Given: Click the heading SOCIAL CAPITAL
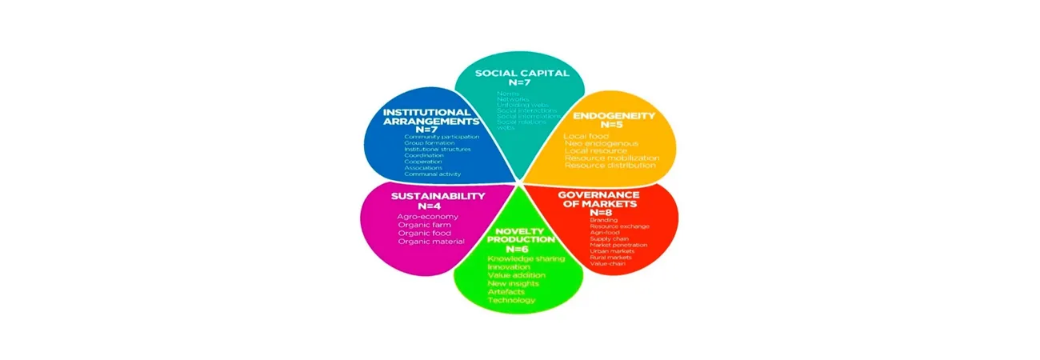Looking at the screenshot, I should (522, 73).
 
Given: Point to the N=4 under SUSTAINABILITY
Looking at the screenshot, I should (438, 206).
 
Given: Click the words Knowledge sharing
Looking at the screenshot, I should (526, 258).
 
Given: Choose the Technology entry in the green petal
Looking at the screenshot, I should (511, 300).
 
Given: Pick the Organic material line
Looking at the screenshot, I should (430, 242).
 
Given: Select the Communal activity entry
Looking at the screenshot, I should (431, 174).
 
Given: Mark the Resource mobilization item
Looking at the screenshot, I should (611, 158).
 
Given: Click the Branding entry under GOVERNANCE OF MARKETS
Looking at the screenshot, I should (603, 219).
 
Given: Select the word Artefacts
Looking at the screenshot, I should (506, 291).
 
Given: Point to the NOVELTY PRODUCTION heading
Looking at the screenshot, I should (521, 234).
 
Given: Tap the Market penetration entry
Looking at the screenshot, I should (618, 245).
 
